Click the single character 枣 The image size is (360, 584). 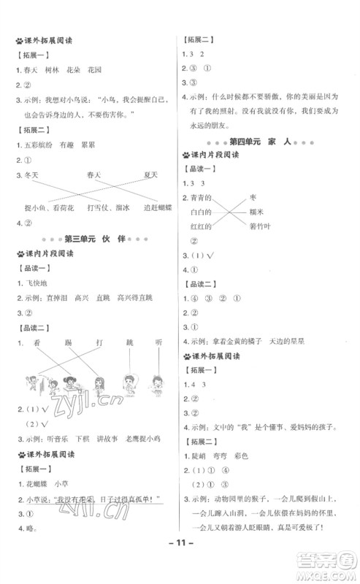point(252,197)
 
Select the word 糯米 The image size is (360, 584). point(256,212)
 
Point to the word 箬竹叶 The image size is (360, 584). point(260,226)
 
